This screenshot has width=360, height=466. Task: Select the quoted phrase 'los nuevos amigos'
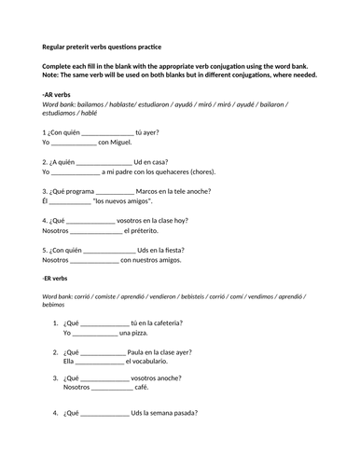(123, 201)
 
